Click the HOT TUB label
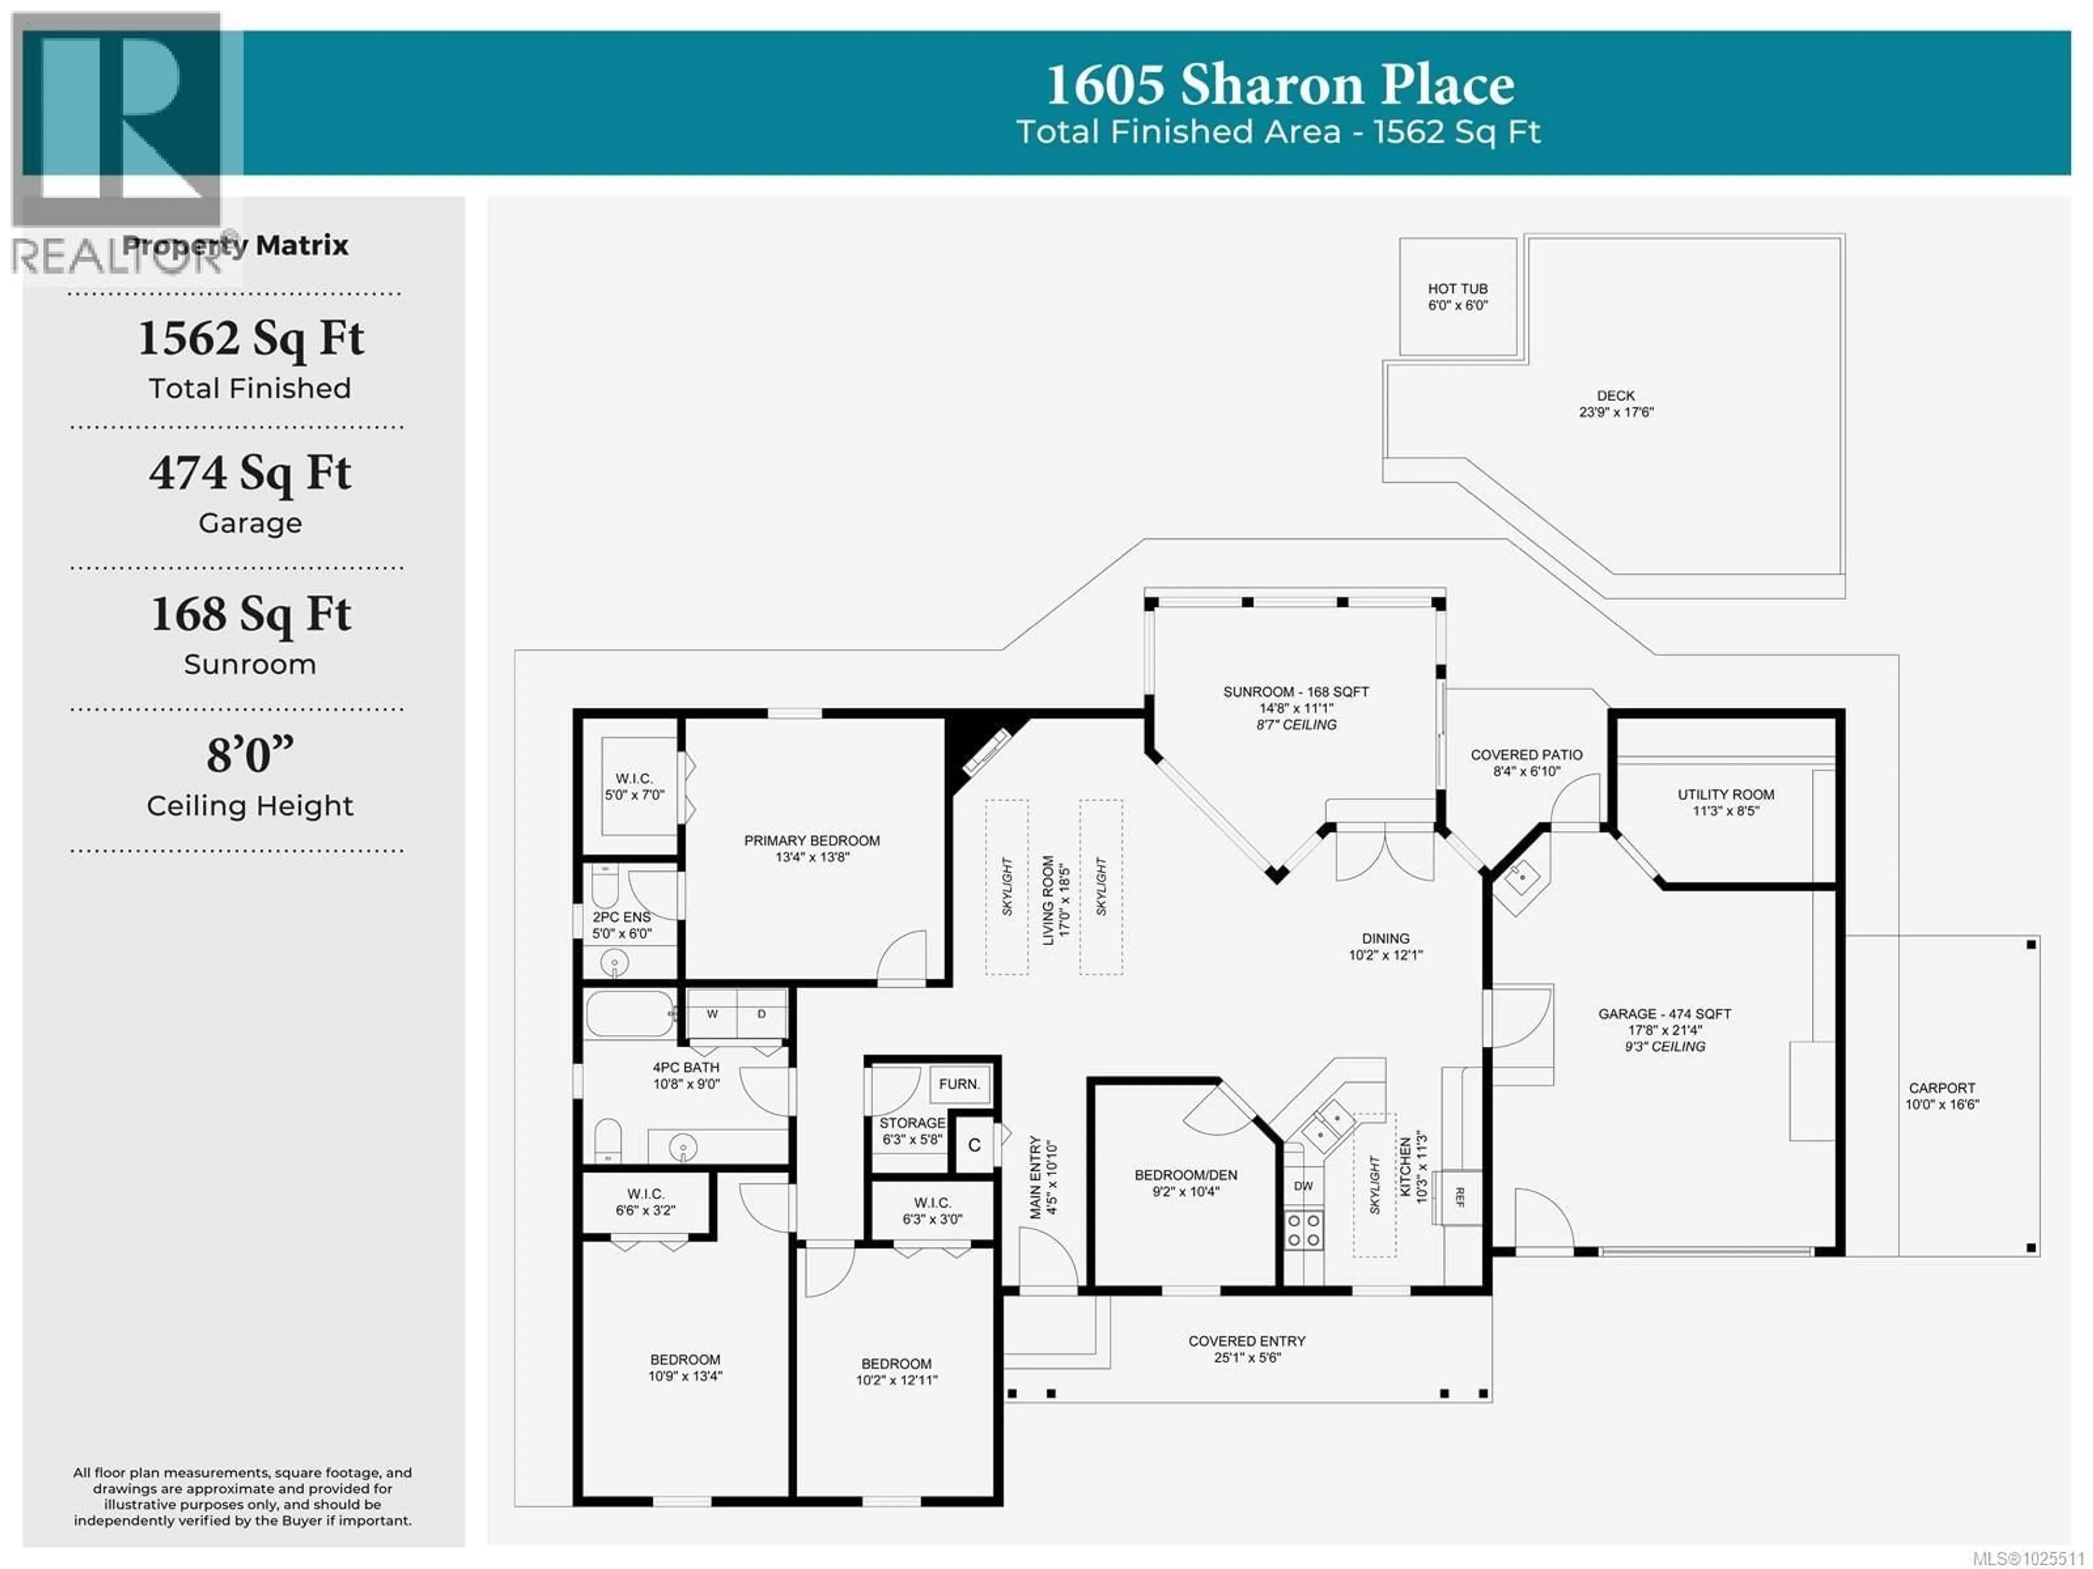[1457, 288]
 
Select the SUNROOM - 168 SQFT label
[1296, 692]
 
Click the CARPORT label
[1941, 1088]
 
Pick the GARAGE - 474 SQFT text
[1665, 1013]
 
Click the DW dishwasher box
[1303, 1186]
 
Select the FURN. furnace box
[959, 1084]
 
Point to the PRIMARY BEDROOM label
[811, 840]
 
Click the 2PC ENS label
[622, 917]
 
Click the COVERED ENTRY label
[1246, 1341]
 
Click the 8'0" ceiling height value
[250, 755]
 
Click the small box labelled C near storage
[973, 1145]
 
